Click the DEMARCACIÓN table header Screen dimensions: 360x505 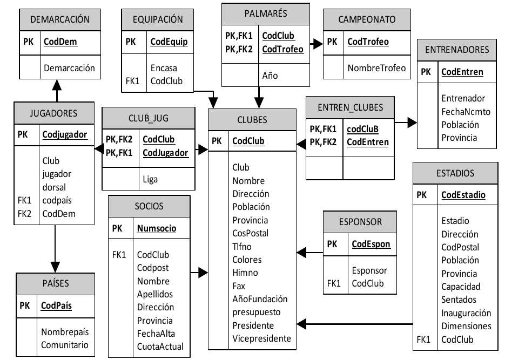click(60, 19)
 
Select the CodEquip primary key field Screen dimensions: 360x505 click(169, 42)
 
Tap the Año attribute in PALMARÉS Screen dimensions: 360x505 click(270, 76)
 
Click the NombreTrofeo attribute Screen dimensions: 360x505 click(376, 68)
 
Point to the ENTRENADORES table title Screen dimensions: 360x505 click(457, 50)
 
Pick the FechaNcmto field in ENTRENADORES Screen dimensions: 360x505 click(466, 111)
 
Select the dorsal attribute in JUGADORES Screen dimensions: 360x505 click(54, 187)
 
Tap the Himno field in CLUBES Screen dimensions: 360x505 click(245, 273)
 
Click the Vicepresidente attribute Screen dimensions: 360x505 click(261, 338)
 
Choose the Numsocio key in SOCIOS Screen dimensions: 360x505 click(157, 228)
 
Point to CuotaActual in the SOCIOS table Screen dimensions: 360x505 click(160, 347)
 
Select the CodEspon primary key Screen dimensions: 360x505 click(371, 244)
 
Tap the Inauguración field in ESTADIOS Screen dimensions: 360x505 click(466, 313)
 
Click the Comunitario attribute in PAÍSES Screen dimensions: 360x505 click(65, 344)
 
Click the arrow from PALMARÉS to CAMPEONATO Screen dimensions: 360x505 click(315, 42)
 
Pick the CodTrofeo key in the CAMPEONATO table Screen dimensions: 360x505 click(368, 42)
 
